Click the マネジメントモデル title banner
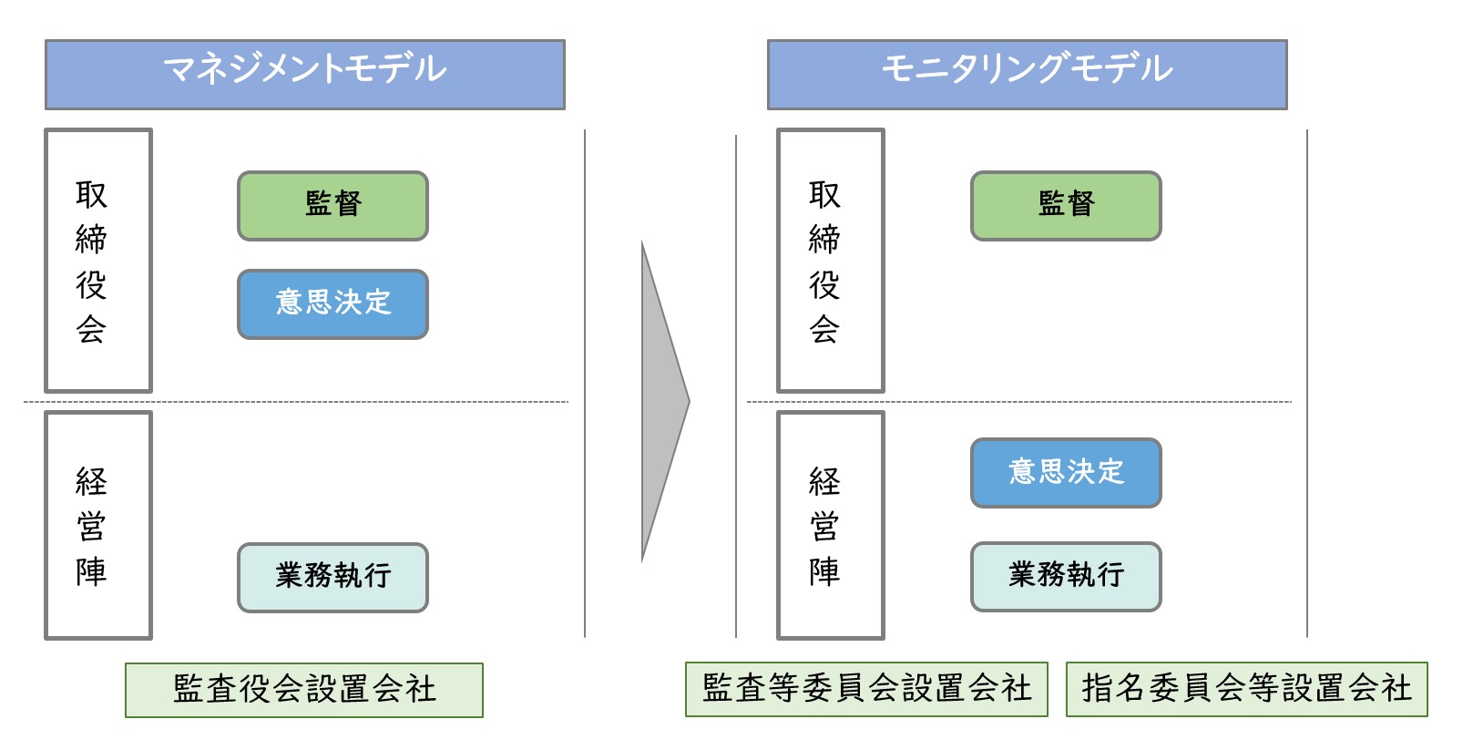pos(305,75)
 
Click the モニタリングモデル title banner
pos(1028,75)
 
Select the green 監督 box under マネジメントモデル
pos(333,206)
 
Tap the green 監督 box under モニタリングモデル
pos(1066,206)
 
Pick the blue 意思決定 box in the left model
pos(333,303)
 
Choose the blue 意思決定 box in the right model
pos(1066,473)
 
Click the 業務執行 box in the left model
pos(333,578)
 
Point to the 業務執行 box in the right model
pos(1066,576)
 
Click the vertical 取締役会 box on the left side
pos(98,261)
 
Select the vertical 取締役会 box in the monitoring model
pos(831,261)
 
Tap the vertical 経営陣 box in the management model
pos(98,525)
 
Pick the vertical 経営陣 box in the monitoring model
pos(831,525)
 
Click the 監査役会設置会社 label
pos(304,690)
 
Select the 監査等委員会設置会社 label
pos(866,689)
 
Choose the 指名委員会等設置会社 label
pos(1247,689)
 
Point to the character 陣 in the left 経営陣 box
pos(91,571)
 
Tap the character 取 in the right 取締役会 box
pos(824,195)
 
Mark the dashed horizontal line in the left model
pos(296,402)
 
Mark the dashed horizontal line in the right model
pos(1018,402)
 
